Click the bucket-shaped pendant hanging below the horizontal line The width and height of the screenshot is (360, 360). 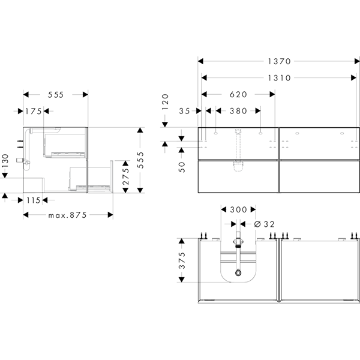pyautogui.click(x=238, y=166)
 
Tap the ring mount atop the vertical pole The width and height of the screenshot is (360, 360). pyautogui.click(x=238, y=131)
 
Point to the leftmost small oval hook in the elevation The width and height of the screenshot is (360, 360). pyautogui.click(x=215, y=133)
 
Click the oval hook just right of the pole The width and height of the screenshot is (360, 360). pyautogui.click(x=260, y=133)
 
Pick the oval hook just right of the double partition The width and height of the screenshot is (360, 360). pyautogui.click(x=297, y=133)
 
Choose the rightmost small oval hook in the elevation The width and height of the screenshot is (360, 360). pyautogui.click(x=342, y=133)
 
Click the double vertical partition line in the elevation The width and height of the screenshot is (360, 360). pyautogui.click(x=278, y=159)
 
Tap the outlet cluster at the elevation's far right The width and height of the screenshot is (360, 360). pyautogui.click(x=355, y=144)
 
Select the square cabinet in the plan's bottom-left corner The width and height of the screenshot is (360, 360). pyautogui.click(x=33, y=185)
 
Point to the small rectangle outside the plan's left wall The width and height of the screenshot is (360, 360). pyautogui.click(x=19, y=161)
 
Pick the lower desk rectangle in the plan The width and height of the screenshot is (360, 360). pyautogui.click(x=90, y=178)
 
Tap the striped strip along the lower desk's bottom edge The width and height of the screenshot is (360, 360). pyautogui.click(x=92, y=188)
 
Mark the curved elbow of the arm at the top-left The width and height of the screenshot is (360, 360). pyautogui.click(x=28, y=131)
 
